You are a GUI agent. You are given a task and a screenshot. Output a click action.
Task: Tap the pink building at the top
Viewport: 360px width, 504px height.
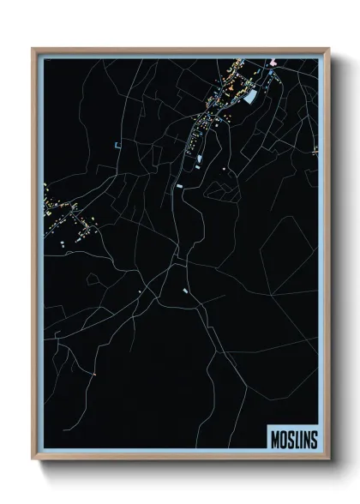pyautogui.click(x=273, y=63)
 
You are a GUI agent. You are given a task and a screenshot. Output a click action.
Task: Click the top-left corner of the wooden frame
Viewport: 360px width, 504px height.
pyautogui.click(x=33, y=49)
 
